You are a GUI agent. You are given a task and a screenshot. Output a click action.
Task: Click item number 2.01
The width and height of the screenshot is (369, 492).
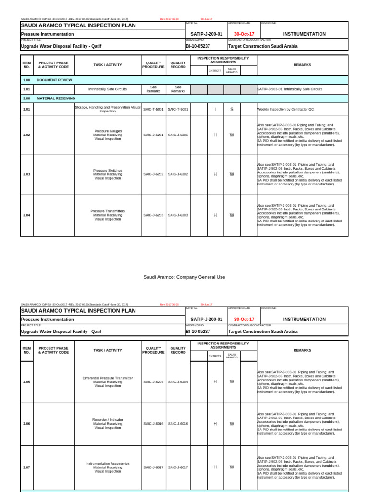[26, 109]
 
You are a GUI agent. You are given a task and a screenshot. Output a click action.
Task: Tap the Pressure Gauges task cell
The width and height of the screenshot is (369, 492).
[108, 135]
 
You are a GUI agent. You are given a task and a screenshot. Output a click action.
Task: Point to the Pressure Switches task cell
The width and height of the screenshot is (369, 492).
[108, 174]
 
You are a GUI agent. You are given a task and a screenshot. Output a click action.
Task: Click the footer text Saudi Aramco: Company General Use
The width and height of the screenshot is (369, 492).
[184, 277]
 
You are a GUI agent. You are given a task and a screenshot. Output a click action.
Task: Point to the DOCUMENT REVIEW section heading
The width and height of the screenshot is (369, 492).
[54, 80]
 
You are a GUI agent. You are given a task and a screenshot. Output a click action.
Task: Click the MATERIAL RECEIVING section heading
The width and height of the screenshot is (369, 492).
[56, 98]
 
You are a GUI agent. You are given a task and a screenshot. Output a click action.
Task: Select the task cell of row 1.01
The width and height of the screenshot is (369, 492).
[108, 89]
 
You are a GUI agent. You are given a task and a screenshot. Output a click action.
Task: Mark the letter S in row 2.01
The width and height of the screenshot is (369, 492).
[232, 109]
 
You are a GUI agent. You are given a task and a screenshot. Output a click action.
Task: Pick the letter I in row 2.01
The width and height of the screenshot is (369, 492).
[215, 109]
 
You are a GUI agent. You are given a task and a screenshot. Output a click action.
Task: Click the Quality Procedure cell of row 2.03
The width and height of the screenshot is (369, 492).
[153, 174]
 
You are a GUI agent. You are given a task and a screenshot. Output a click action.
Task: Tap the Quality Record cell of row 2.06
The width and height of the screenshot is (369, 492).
[178, 424]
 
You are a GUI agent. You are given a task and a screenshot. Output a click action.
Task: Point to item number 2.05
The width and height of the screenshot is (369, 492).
[26, 382]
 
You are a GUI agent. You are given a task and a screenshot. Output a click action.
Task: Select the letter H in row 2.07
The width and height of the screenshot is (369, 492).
[215, 467]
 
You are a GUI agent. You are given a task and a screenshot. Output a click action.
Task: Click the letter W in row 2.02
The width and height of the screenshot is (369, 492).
[232, 135]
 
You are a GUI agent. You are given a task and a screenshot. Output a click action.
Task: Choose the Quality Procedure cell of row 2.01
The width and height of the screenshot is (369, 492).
[153, 109]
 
